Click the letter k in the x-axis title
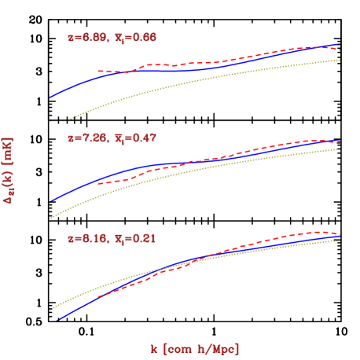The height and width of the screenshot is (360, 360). coord(154,347)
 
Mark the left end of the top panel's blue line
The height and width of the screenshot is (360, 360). coord(50,97)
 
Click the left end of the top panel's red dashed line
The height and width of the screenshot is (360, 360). coord(98,72)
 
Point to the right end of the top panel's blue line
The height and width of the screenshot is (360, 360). coord(339,45)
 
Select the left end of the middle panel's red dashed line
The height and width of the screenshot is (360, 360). coord(98,183)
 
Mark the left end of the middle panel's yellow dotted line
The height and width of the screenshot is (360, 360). coord(50,218)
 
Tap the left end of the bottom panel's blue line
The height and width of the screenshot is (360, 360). coord(57,320)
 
